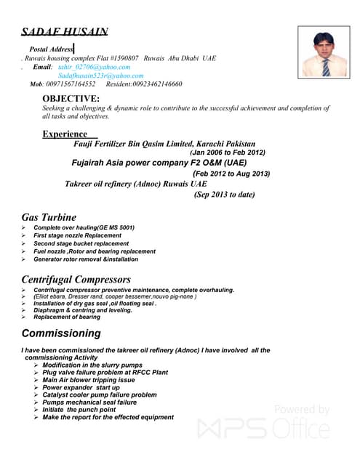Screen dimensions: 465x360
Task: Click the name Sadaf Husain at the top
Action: coord(65,31)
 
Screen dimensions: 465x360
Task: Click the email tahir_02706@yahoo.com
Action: coord(94,67)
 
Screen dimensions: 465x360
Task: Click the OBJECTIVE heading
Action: coord(71,98)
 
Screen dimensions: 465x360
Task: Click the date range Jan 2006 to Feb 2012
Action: coord(227,153)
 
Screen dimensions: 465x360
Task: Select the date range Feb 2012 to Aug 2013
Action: coord(231,174)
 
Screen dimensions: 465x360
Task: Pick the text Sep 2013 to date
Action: coord(224,195)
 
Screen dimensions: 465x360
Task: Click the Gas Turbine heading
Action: coord(49,217)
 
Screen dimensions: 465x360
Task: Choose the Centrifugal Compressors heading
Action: coord(76,279)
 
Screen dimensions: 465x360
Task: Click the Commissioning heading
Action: coord(61,333)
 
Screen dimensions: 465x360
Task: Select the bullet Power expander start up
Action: coord(81,387)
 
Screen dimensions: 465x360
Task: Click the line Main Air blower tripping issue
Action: coord(88,380)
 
